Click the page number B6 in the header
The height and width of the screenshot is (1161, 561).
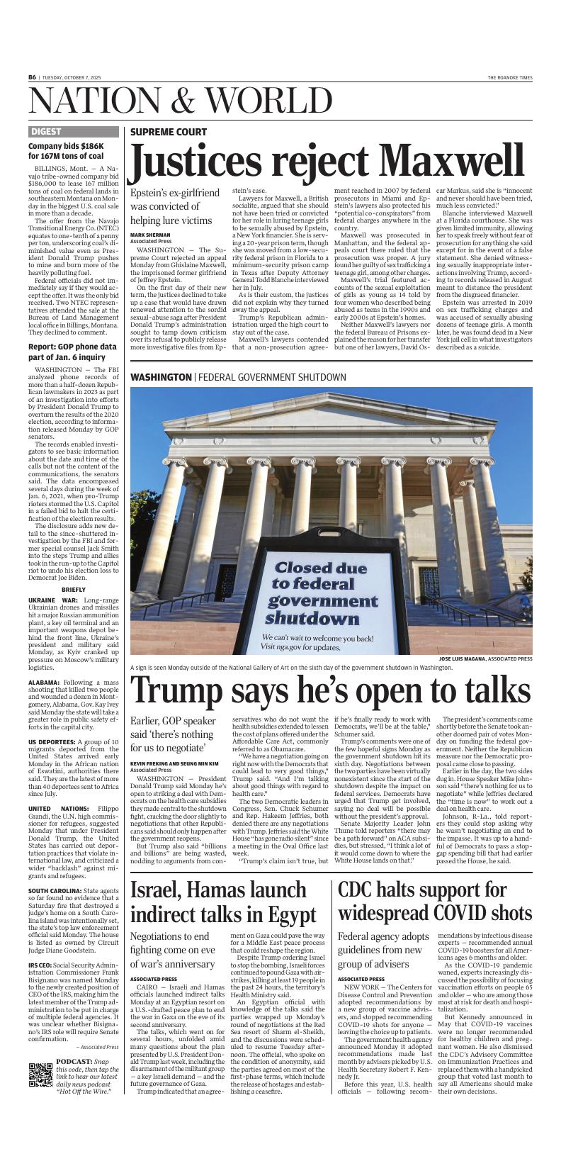[x=33, y=77]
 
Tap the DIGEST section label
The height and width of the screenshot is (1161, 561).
[x=46, y=132]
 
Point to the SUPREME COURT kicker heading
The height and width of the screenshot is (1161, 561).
[x=169, y=132]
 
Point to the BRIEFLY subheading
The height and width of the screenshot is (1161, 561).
[x=74, y=589]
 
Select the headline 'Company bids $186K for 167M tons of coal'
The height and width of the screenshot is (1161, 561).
[x=66, y=151]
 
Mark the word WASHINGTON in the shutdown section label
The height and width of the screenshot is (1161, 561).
[x=161, y=377]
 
